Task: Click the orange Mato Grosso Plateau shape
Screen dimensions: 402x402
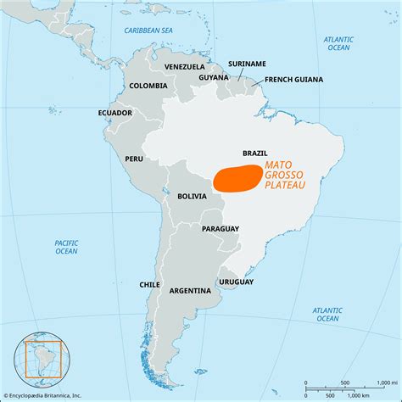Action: tap(237, 177)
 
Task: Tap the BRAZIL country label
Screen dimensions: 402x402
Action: tap(255, 153)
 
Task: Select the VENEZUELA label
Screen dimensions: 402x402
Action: tap(185, 67)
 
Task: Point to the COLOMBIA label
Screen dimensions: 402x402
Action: tap(148, 86)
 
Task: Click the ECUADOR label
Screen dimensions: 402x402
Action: tap(114, 113)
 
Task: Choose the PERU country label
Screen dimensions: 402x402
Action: tap(134, 159)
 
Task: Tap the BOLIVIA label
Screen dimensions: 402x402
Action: tap(193, 196)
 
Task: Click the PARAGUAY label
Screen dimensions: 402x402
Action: tap(220, 229)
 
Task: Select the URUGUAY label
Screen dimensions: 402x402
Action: tap(236, 282)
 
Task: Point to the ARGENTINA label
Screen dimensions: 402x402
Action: tap(190, 290)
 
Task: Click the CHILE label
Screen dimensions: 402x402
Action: tap(150, 285)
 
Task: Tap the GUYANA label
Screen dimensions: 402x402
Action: tap(214, 77)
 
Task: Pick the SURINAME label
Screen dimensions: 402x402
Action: tap(248, 63)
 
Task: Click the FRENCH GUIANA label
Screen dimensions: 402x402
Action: tap(294, 80)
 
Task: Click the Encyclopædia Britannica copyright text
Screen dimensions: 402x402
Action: tap(46, 394)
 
